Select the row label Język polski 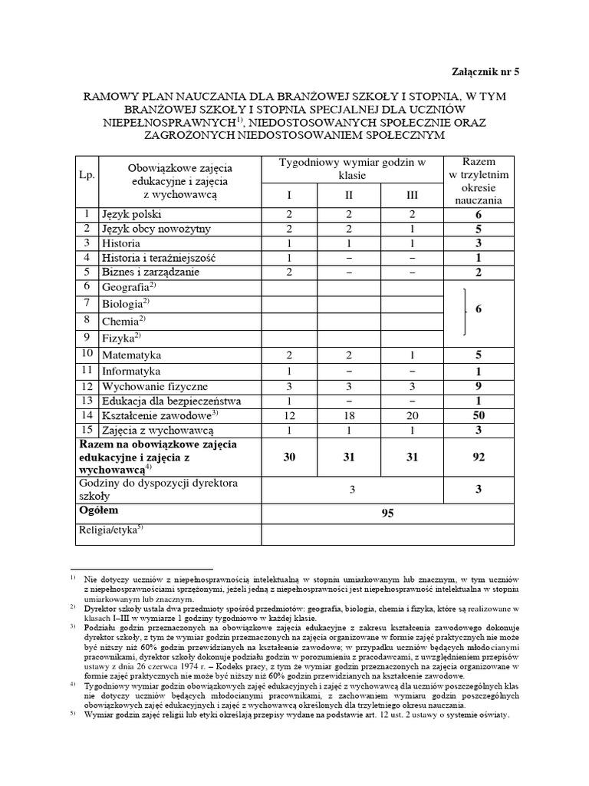[x=132, y=214]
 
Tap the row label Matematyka [x=132, y=355]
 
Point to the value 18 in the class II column [x=349, y=415]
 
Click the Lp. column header [x=87, y=175]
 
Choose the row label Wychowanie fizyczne [x=154, y=386]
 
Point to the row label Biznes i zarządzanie [x=151, y=272]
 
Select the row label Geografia [x=128, y=286]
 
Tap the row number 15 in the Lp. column [x=87, y=431]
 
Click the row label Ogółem [x=102, y=510]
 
